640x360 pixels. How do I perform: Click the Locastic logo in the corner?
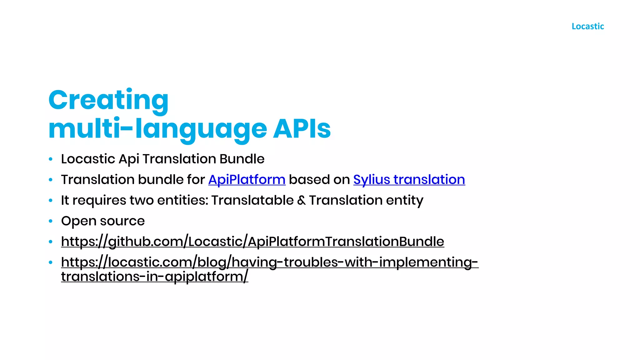(x=587, y=26)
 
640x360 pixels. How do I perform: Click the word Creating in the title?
(x=108, y=100)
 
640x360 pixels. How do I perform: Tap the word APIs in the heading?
(x=302, y=129)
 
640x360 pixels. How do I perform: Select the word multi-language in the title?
(x=158, y=129)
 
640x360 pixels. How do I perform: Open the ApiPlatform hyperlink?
(x=247, y=180)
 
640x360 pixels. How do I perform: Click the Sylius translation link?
(x=409, y=180)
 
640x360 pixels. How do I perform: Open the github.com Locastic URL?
(x=252, y=242)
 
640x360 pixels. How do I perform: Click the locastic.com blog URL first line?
(x=270, y=262)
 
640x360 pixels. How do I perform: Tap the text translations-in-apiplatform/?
(x=155, y=277)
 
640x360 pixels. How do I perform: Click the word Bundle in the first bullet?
(x=242, y=159)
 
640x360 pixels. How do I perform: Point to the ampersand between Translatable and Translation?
(x=301, y=201)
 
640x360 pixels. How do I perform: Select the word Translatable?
(x=252, y=200)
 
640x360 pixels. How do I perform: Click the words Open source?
(x=103, y=221)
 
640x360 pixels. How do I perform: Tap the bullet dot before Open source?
(x=51, y=221)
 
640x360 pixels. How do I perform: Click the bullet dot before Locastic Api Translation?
(x=51, y=159)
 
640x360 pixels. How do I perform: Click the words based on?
(x=319, y=180)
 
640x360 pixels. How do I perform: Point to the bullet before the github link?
(x=51, y=242)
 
